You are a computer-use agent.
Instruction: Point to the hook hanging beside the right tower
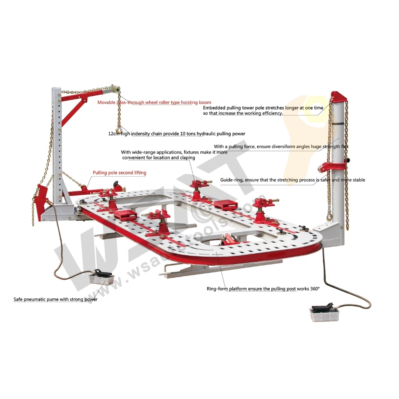tap(329, 217)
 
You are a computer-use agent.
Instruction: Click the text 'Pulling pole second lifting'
tap(119, 173)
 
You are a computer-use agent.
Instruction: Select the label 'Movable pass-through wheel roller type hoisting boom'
tap(154, 103)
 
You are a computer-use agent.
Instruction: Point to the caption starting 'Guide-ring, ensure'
tap(292, 180)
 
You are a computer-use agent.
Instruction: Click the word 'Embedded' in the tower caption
tap(215, 108)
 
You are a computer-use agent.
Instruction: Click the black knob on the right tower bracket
tap(348, 160)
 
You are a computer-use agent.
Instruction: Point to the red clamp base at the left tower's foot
tap(41, 199)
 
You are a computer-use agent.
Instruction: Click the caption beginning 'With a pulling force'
tap(281, 146)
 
